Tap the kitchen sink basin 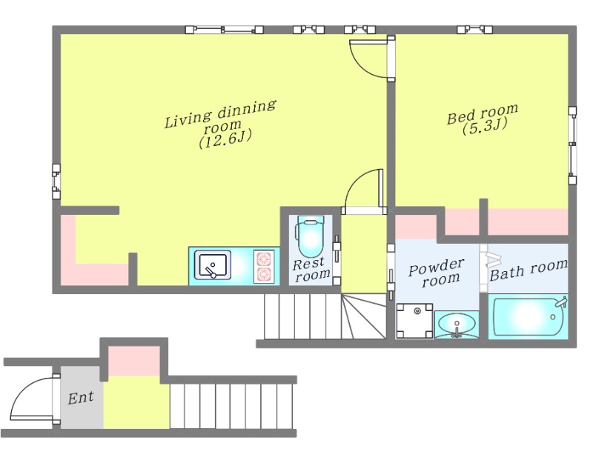(x=213, y=265)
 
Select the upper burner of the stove (x=264, y=259)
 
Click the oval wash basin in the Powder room (x=457, y=324)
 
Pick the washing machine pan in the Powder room (x=414, y=321)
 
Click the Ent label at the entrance (x=81, y=398)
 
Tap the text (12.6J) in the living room (x=225, y=139)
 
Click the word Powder (x=437, y=267)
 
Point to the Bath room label (x=529, y=270)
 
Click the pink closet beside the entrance (x=134, y=361)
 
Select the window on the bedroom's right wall (x=573, y=145)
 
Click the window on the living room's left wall (x=56, y=181)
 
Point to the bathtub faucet (x=560, y=302)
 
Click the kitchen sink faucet (x=211, y=271)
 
